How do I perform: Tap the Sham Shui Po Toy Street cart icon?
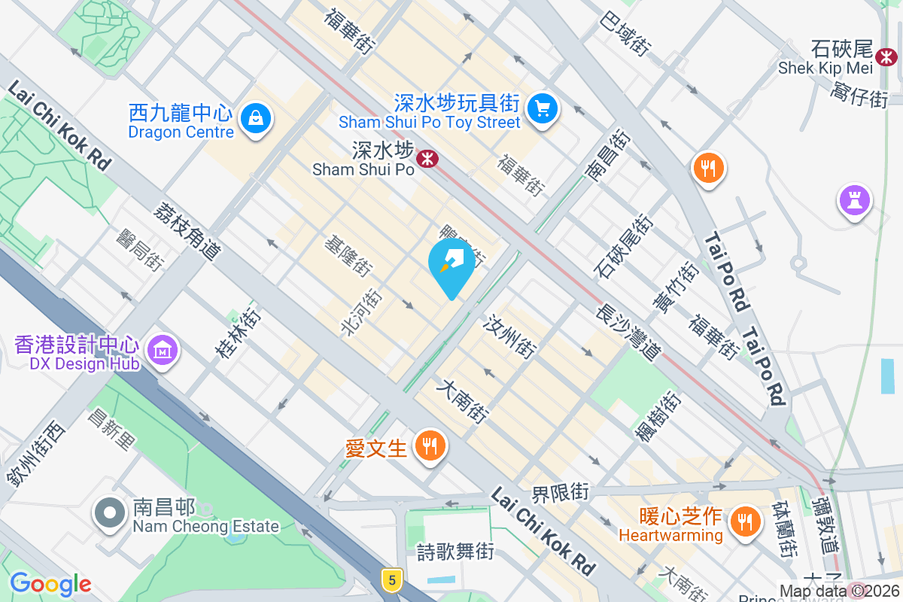[542, 108]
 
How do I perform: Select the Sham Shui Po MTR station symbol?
[428, 159]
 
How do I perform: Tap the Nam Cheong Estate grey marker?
[110, 513]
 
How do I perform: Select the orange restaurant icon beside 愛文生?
[430, 446]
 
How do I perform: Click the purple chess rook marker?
[854, 201]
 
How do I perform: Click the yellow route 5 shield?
[390, 579]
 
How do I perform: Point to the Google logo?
[50, 584]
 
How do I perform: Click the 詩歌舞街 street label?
[456, 552]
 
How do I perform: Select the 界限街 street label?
[560, 493]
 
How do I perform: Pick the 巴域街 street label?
[625, 33]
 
